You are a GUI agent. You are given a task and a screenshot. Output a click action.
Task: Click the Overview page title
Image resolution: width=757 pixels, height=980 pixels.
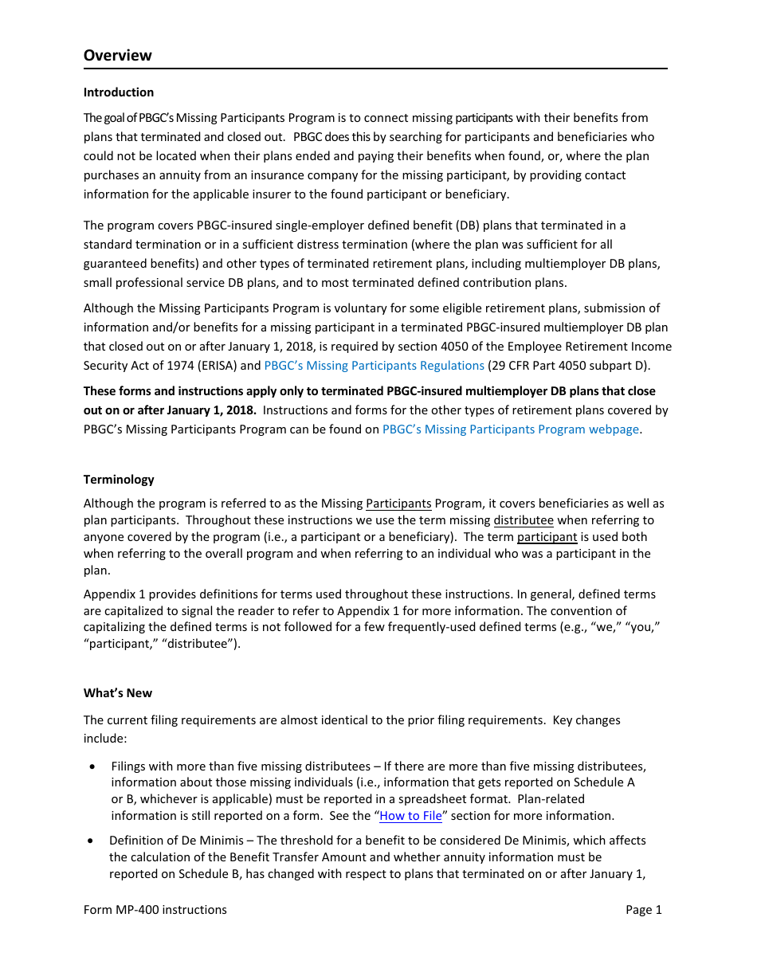click(117, 55)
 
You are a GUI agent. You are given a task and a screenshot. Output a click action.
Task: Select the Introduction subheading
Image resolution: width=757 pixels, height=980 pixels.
click(118, 92)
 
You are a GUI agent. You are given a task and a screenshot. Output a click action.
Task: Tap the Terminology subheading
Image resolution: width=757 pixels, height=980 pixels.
click(119, 480)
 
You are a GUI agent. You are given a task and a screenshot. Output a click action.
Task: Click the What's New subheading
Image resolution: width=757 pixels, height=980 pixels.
click(117, 693)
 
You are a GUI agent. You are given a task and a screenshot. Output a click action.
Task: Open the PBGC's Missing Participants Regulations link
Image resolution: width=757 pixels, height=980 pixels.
click(374, 366)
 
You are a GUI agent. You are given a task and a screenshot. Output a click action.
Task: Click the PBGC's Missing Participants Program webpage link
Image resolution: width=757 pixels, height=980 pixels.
click(510, 429)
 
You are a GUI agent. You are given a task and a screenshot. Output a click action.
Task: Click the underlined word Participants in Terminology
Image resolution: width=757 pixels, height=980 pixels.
click(398, 504)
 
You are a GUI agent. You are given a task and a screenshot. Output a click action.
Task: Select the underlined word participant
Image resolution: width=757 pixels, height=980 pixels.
click(547, 537)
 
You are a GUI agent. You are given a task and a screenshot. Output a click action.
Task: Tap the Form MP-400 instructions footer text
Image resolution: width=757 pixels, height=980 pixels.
click(155, 910)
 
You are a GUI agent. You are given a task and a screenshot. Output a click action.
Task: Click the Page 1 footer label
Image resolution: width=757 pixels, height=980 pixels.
click(643, 910)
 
